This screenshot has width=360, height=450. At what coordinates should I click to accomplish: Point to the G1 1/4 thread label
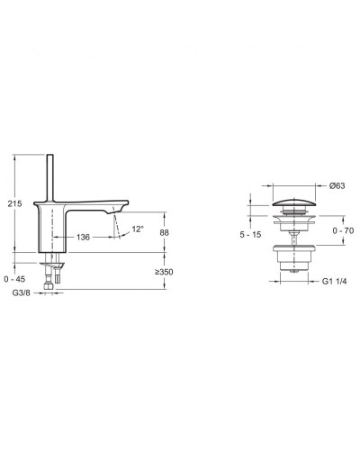335,281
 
